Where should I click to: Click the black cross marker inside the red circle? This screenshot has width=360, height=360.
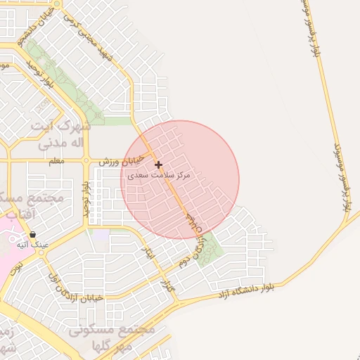click(x=159, y=165)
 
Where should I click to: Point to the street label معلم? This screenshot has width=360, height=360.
click(x=56, y=161)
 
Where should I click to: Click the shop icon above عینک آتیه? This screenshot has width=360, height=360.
click(x=32, y=235)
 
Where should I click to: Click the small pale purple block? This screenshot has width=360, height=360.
click(x=101, y=235)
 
